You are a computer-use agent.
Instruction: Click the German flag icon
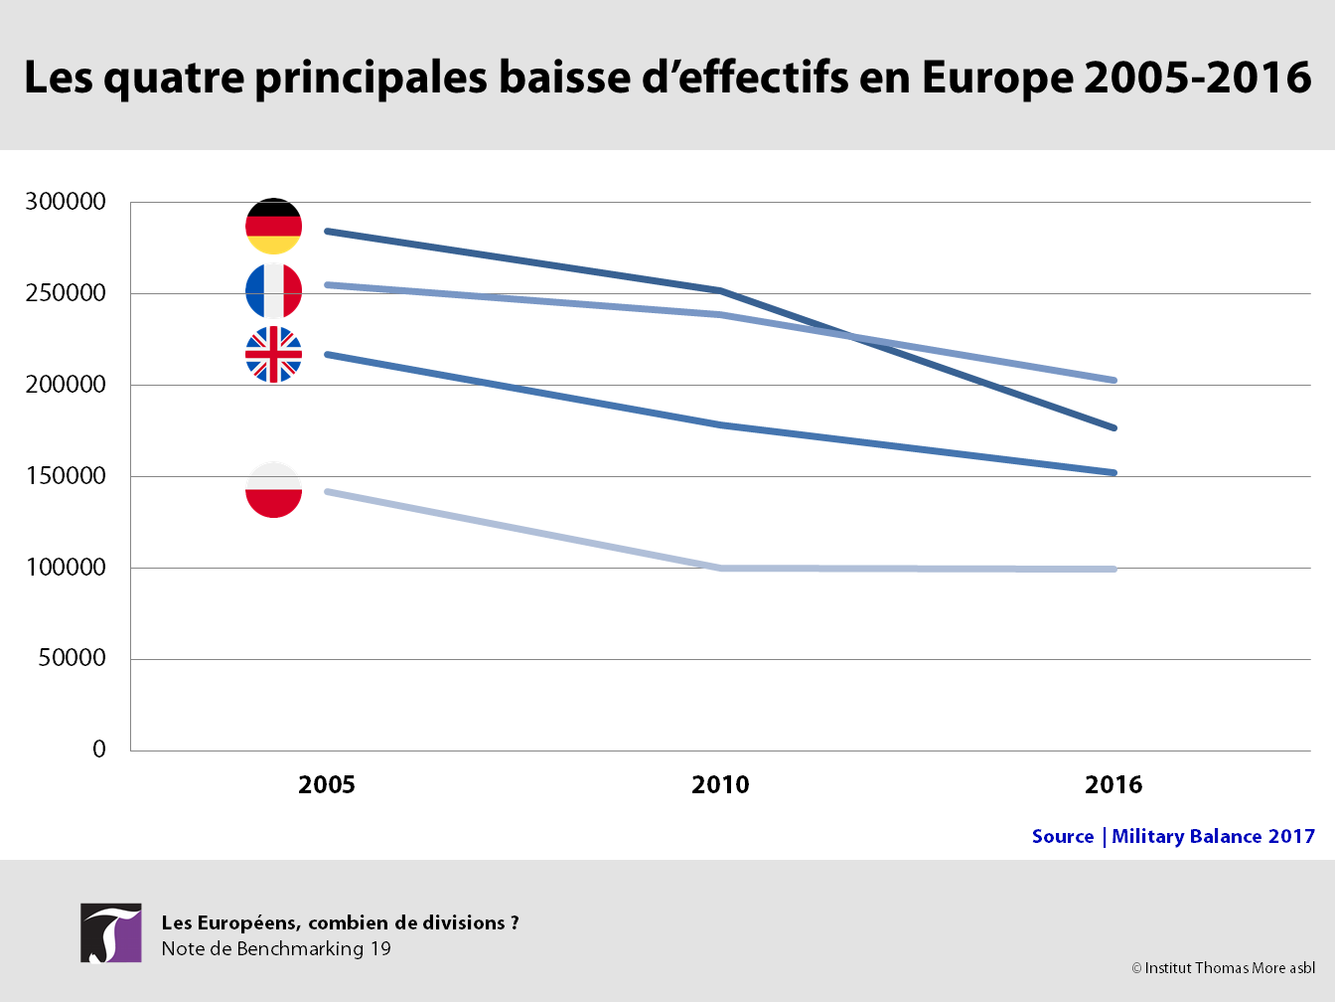tap(274, 227)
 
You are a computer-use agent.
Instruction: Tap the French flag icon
tap(274, 291)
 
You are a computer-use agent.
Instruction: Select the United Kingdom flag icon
tap(274, 355)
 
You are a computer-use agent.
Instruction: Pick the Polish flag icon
tap(274, 490)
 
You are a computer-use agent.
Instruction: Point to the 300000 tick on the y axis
tap(66, 202)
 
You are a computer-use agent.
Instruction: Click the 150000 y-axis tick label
tap(66, 476)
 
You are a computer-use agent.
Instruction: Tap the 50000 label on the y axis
tap(72, 658)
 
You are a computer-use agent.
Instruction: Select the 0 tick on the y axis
tap(99, 749)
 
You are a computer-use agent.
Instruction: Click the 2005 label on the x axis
tap(327, 785)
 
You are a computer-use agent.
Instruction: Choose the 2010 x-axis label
tap(720, 785)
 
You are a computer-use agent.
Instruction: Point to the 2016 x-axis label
tap(1113, 785)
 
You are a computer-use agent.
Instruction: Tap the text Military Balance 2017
tap(1214, 837)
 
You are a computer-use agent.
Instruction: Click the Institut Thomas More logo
tap(111, 932)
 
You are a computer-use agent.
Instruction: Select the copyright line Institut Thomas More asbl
tap(1223, 968)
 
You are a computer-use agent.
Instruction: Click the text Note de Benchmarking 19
tap(276, 948)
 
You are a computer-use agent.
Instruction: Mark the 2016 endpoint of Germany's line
tap(1113, 428)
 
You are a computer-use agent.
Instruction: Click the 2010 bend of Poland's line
tap(721, 569)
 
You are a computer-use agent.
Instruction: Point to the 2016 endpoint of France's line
tap(1113, 381)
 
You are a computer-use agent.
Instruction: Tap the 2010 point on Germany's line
tap(721, 291)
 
